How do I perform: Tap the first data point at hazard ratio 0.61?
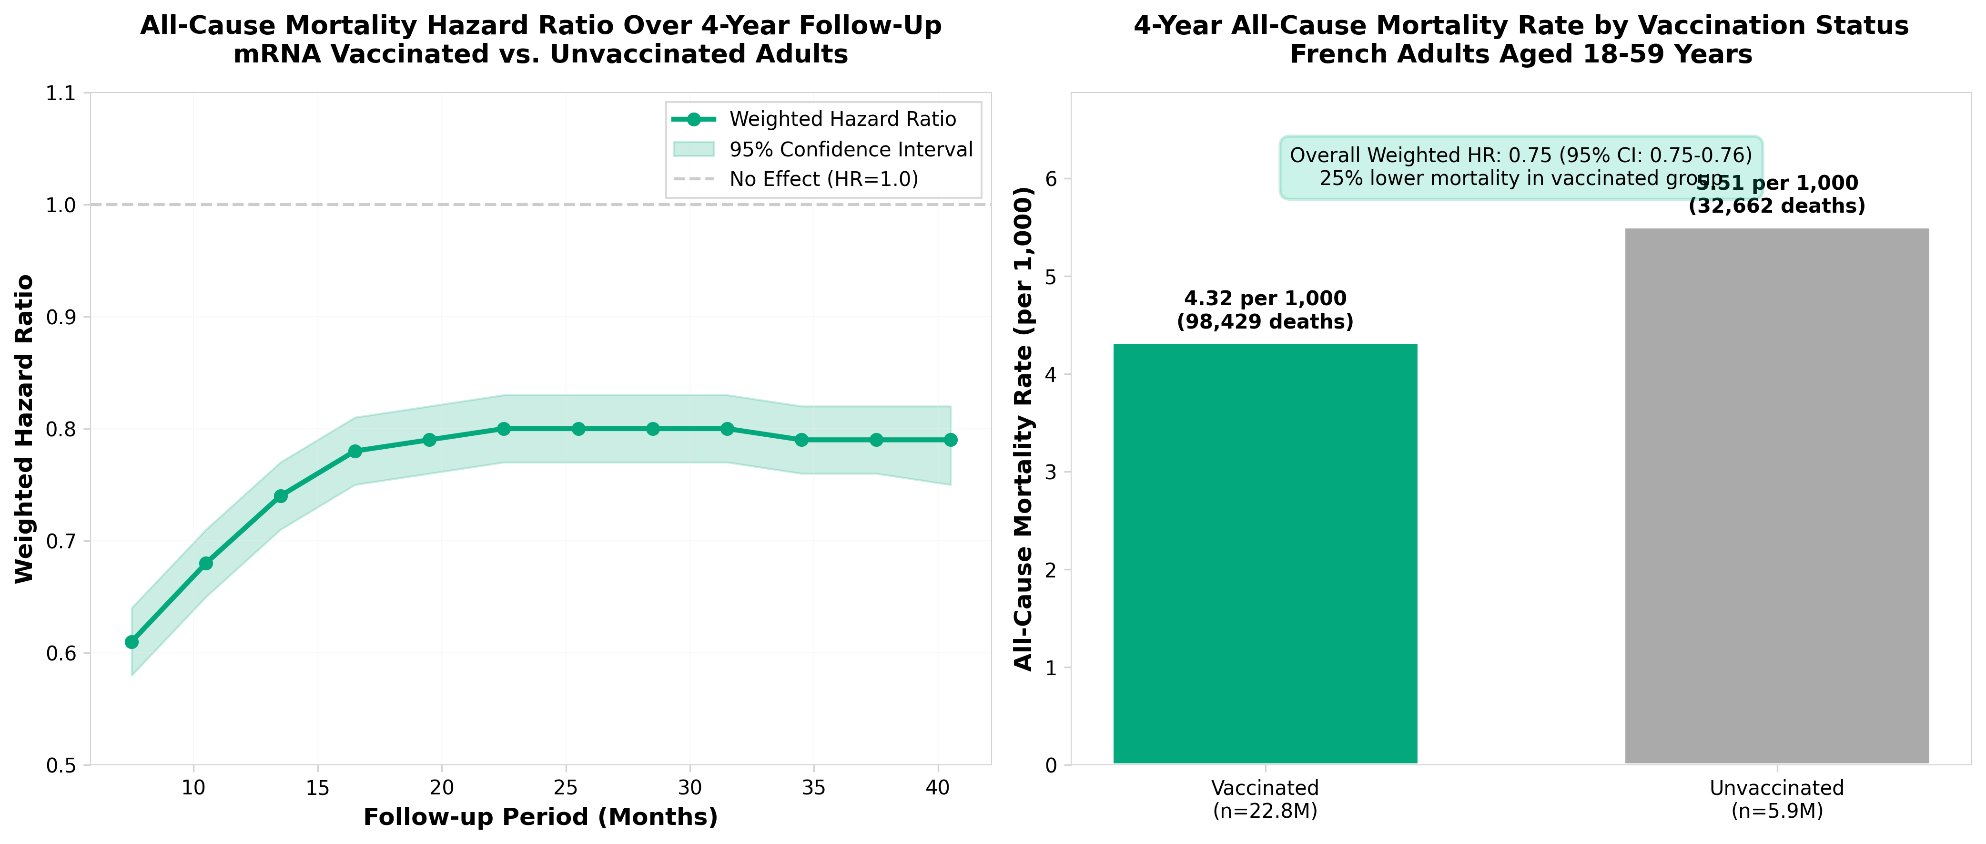(x=132, y=642)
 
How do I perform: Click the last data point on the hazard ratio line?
(x=951, y=440)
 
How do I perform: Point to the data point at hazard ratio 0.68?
(x=206, y=563)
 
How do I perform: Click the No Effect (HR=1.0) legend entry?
(x=823, y=179)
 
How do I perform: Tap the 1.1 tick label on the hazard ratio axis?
(x=61, y=93)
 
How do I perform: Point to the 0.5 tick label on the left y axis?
(x=61, y=765)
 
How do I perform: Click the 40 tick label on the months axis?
(x=938, y=788)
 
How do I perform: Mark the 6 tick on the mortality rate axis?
(x=1050, y=179)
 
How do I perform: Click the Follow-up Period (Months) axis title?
(x=540, y=817)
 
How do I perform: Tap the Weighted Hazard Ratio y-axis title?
(x=25, y=429)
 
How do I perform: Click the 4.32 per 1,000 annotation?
(x=1265, y=298)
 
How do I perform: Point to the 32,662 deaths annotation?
(x=1776, y=206)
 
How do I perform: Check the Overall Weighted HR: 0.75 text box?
(x=1520, y=166)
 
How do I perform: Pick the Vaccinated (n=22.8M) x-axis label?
(x=1265, y=799)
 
